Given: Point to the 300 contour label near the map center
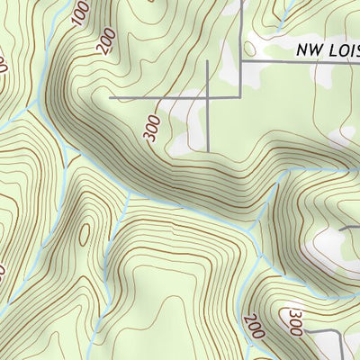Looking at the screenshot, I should tap(151, 129).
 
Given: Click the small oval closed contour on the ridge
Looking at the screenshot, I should tap(84, 235).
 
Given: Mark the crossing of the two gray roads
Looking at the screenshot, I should tap(210, 94).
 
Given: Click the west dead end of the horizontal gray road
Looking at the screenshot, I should tap(111, 94).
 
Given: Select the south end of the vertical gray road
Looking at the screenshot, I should tap(210, 150).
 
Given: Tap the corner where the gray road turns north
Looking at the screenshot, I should tap(242, 94).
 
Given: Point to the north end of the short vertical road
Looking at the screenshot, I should tap(210, 62).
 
